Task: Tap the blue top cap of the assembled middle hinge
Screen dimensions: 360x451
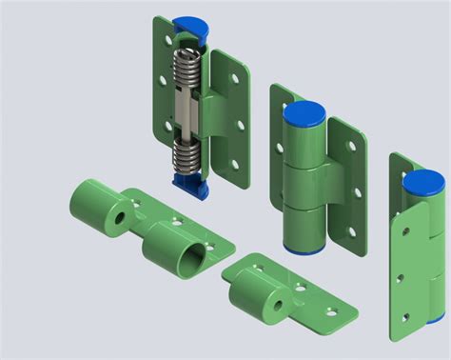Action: [x=304, y=115]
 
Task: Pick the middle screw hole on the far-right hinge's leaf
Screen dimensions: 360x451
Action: [x=401, y=280]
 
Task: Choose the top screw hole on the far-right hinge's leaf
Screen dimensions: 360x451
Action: [x=398, y=230]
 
